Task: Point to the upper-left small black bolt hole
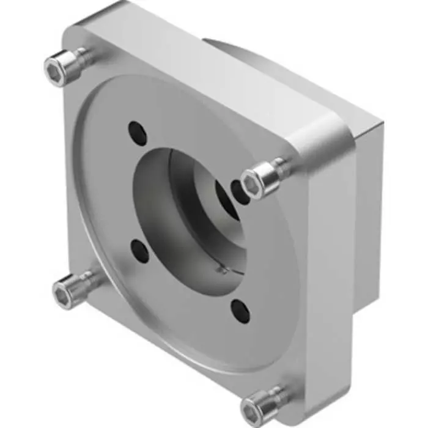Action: point(138,133)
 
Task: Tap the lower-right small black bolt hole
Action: point(240,310)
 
